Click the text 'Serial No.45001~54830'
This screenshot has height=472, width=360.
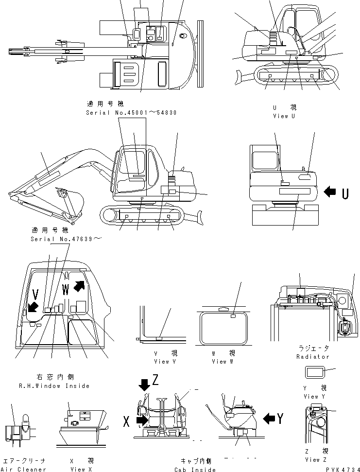pos(131,112)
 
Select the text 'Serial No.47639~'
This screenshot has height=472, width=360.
pos(67,239)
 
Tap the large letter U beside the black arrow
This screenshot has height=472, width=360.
pos(344,193)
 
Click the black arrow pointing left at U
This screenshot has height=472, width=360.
pos(329,192)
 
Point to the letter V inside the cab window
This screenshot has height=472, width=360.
pos(35,294)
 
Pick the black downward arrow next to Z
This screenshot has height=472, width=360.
pos(145,385)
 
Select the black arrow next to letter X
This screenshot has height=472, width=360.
pos(142,419)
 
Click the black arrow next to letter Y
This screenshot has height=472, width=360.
pos(269,417)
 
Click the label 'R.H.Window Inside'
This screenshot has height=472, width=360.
pos(63,385)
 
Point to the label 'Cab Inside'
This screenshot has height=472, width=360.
pos(195,469)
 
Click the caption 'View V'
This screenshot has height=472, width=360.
pos(161,361)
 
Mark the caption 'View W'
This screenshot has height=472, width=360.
pos(219,361)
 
